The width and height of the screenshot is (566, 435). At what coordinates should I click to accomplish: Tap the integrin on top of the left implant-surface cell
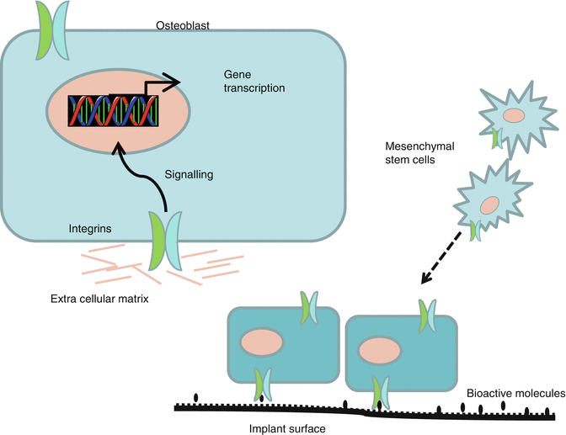pos(309,307)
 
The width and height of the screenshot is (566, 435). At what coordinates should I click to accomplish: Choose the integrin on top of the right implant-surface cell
pos(428,315)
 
